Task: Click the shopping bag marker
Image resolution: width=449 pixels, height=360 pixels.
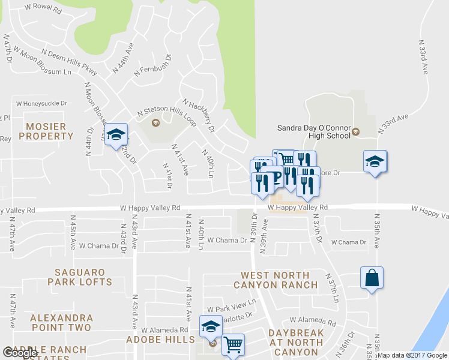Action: click(372, 278)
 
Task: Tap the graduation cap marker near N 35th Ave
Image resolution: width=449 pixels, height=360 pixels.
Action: click(375, 161)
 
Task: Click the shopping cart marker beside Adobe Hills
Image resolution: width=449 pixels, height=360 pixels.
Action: click(233, 345)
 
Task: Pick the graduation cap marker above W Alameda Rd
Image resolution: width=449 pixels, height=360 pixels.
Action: click(211, 326)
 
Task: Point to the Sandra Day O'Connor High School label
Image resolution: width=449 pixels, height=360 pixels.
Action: click(313, 131)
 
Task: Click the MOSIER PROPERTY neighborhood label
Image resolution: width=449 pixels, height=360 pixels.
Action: click(50, 131)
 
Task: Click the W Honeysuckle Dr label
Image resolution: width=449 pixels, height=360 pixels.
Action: click(42, 103)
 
